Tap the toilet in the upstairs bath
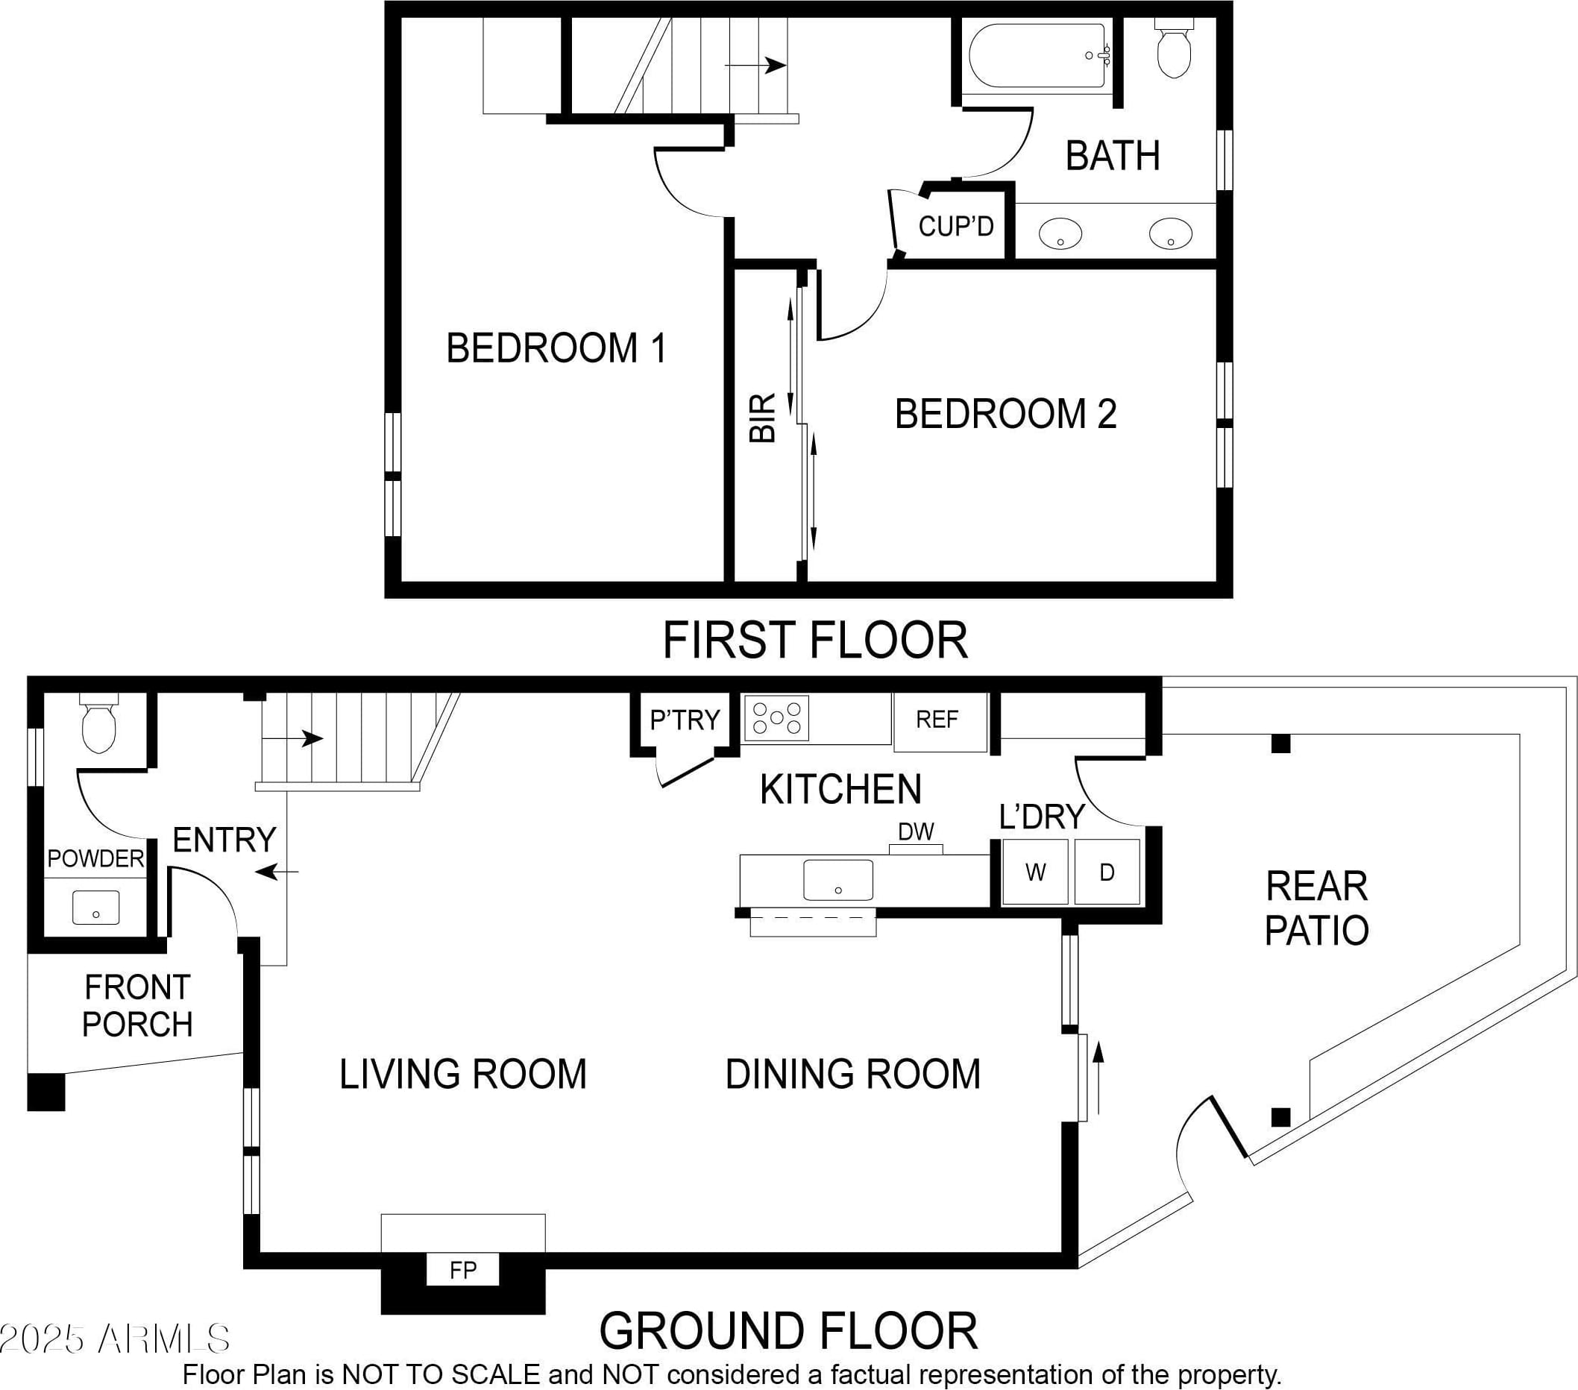coord(1175,48)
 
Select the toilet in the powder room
coord(100,723)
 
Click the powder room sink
coord(95,908)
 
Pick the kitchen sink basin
coord(838,880)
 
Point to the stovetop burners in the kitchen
coord(776,718)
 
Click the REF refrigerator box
coord(940,722)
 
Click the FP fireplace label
coord(463,1271)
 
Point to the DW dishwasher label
coord(917,831)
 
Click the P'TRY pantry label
coord(685,720)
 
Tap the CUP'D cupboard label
coord(956,226)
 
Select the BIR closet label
coord(763,418)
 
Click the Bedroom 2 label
coord(1006,414)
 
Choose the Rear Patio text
coord(1317,908)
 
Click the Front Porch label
coord(137,1006)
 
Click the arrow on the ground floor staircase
coord(292,738)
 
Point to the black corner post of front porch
coord(46,1092)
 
